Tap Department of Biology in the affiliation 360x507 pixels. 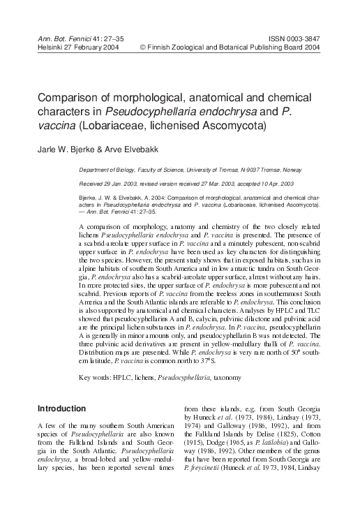107,170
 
